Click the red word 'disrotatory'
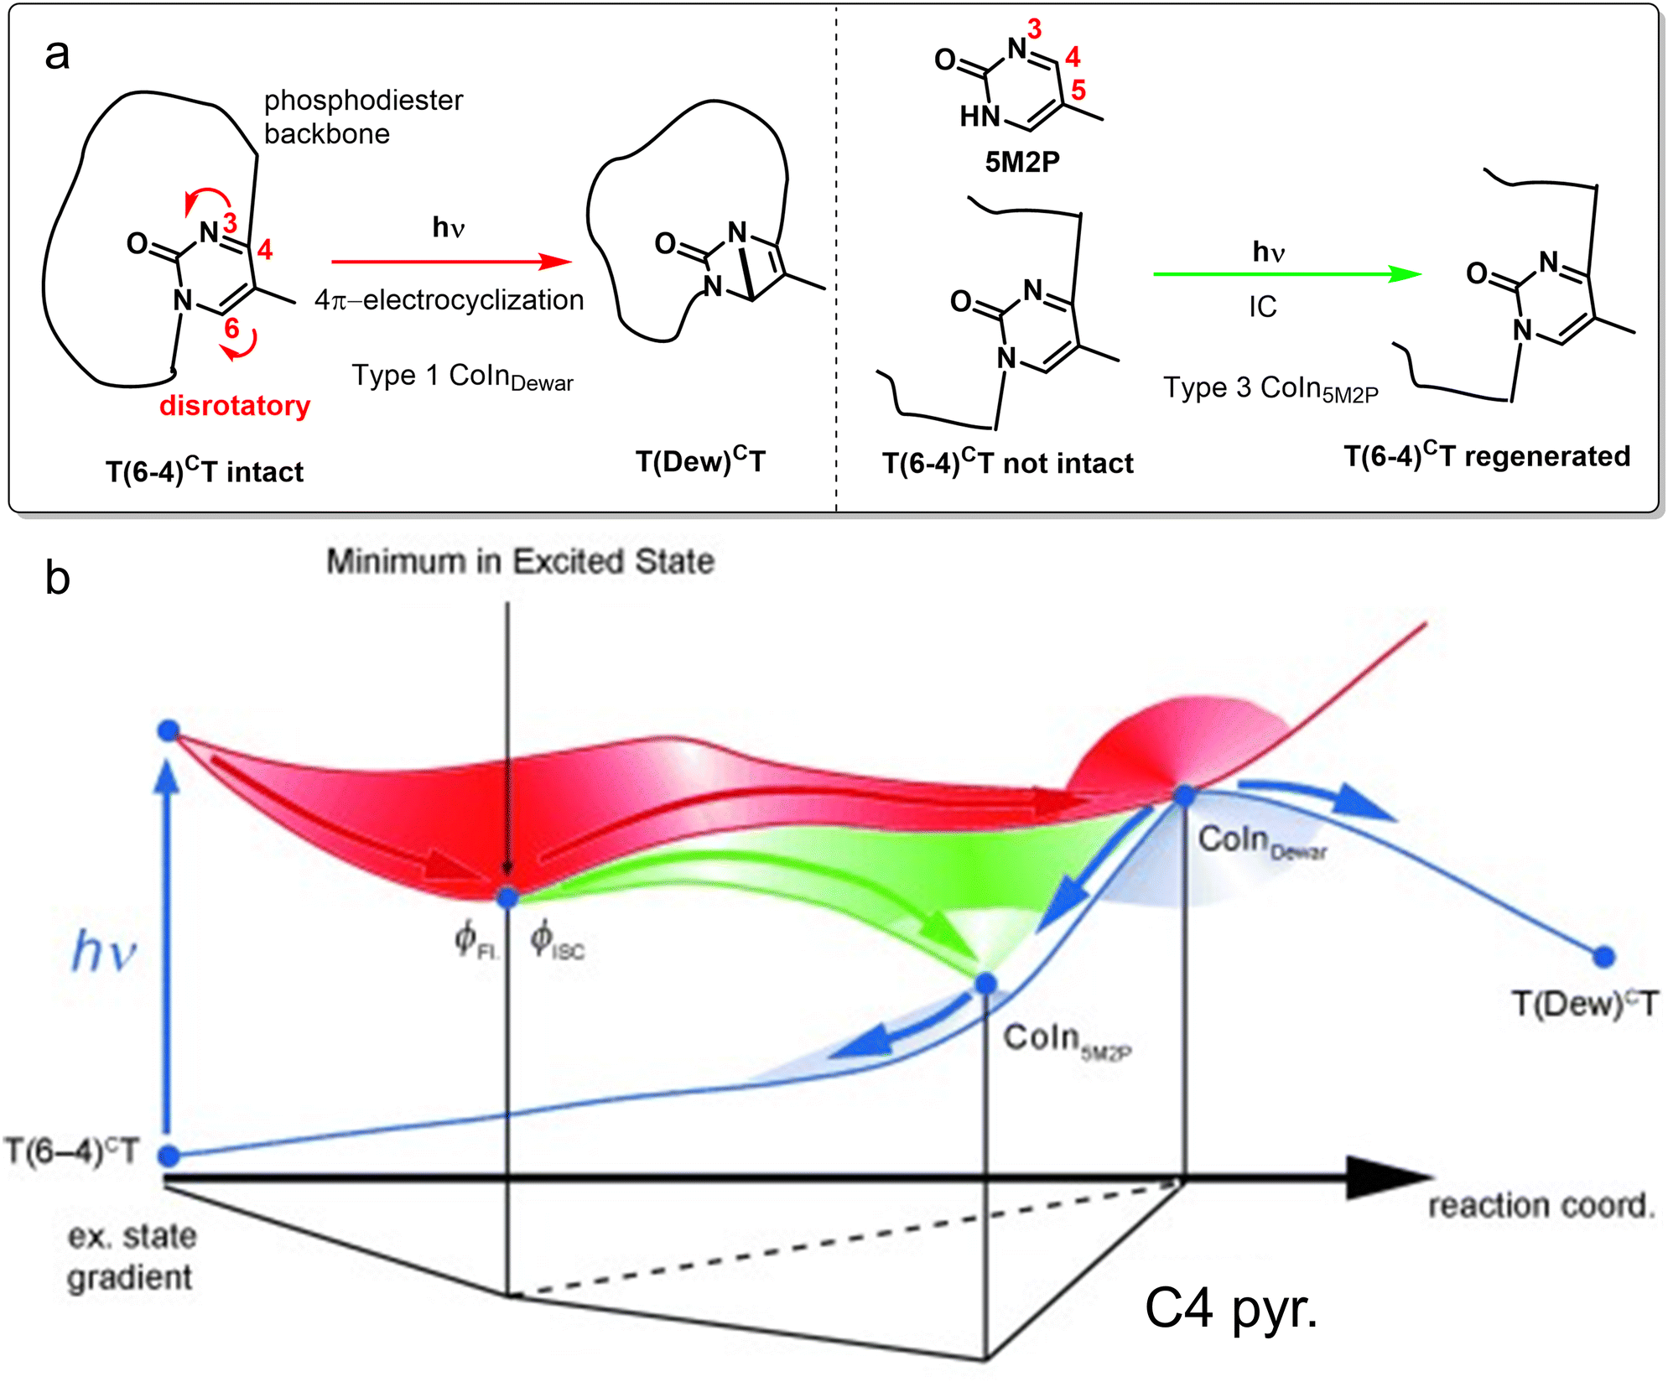[235, 406]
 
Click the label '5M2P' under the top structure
[1022, 162]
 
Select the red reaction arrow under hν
[451, 262]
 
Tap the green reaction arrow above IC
[1286, 274]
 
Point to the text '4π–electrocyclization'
[449, 300]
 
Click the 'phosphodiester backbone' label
[363, 117]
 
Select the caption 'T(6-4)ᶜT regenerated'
[1487, 455]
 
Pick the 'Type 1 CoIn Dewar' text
[462, 377]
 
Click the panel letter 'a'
[57, 55]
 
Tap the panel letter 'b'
[57, 578]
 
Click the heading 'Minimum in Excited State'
[520, 561]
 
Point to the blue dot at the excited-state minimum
[507, 898]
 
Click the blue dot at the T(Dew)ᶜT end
[1603, 956]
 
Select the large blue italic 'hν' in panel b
[104, 952]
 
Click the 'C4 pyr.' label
[1230, 1308]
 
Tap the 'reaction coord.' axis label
[1541, 1206]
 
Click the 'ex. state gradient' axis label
[131, 1257]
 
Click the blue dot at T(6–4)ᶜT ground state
[169, 1156]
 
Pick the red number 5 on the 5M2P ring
[1078, 90]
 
